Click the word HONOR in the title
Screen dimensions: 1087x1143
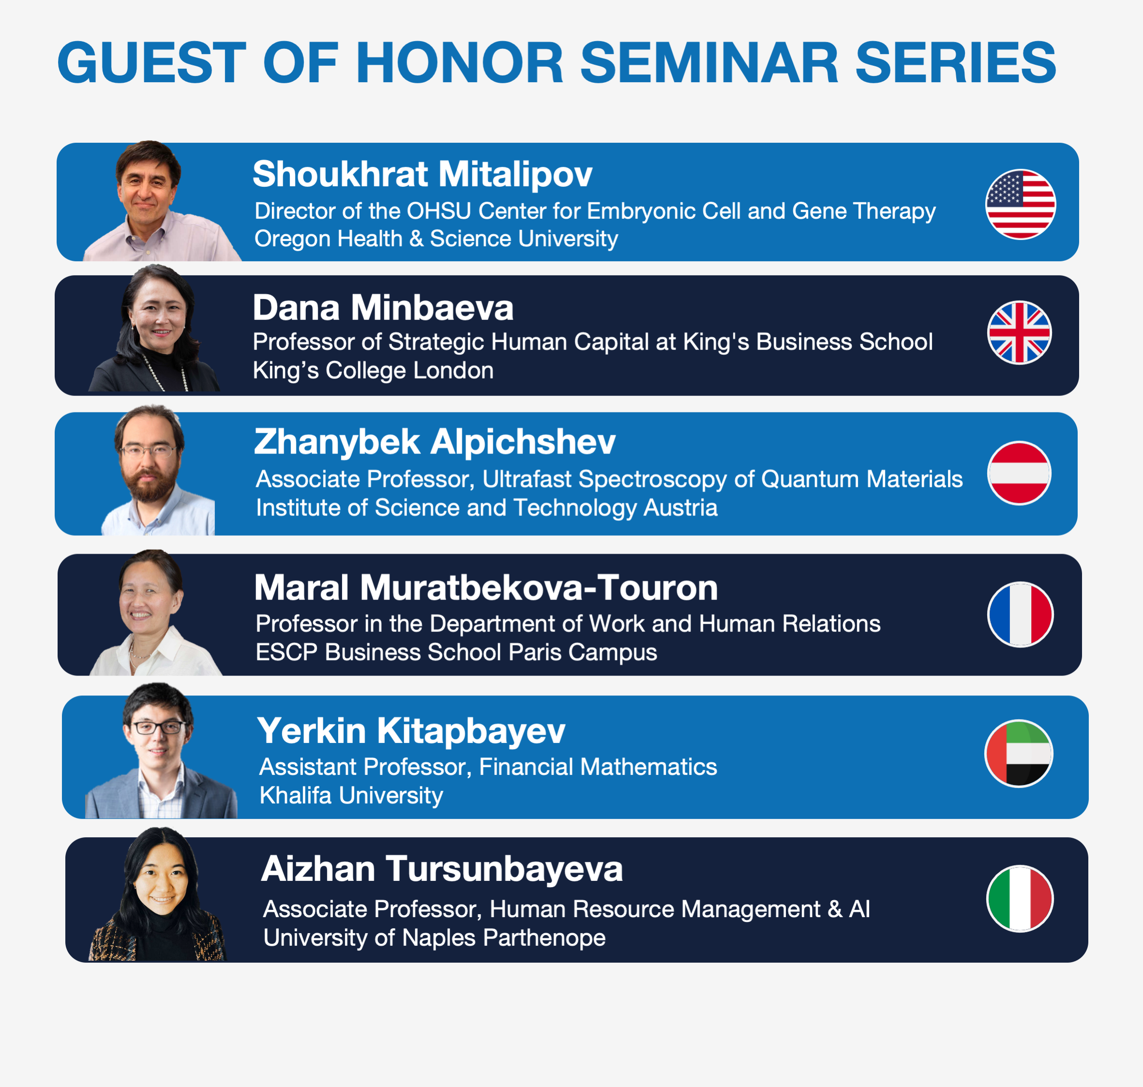tap(459, 62)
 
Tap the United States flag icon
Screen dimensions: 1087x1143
tap(1020, 204)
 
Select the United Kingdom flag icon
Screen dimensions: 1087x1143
tap(1019, 332)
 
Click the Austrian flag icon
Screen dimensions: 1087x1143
tap(1019, 473)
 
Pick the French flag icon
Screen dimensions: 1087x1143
tap(1020, 614)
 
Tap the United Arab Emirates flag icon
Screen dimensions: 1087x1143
tap(1019, 753)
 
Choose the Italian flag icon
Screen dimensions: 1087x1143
tap(1020, 899)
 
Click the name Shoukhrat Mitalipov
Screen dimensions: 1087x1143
tap(422, 174)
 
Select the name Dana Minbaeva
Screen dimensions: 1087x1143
tap(383, 307)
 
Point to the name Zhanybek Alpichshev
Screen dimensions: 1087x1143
tap(435, 442)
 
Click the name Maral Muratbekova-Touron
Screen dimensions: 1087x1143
tap(486, 588)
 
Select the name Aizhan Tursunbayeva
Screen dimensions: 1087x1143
tap(442, 869)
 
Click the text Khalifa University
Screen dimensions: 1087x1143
tap(351, 796)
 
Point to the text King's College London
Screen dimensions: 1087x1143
tap(373, 370)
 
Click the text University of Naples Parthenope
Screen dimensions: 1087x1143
tap(435, 937)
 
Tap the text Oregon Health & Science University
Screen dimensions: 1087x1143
tap(436, 239)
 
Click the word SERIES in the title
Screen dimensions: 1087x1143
tap(955, 62)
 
